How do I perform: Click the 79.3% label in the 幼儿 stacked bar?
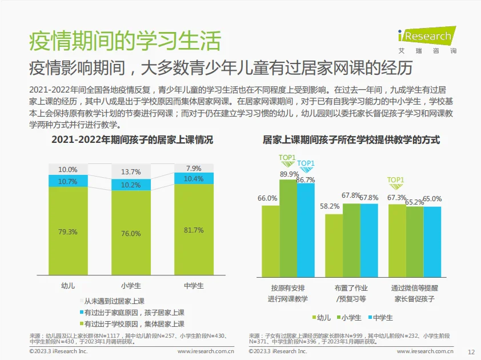pyautogui.click(x=68, y=232)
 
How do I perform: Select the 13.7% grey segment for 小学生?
pyautogui.click(x=131, y=172)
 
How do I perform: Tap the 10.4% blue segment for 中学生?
pyautogui.click(x=193, y=179)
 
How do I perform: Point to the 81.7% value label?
pyautogui.click(x=193, y=230)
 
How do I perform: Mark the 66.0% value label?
pyautogui.click(x=267, y=198)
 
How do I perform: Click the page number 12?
pyautogui.click(x=471, y=352)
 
